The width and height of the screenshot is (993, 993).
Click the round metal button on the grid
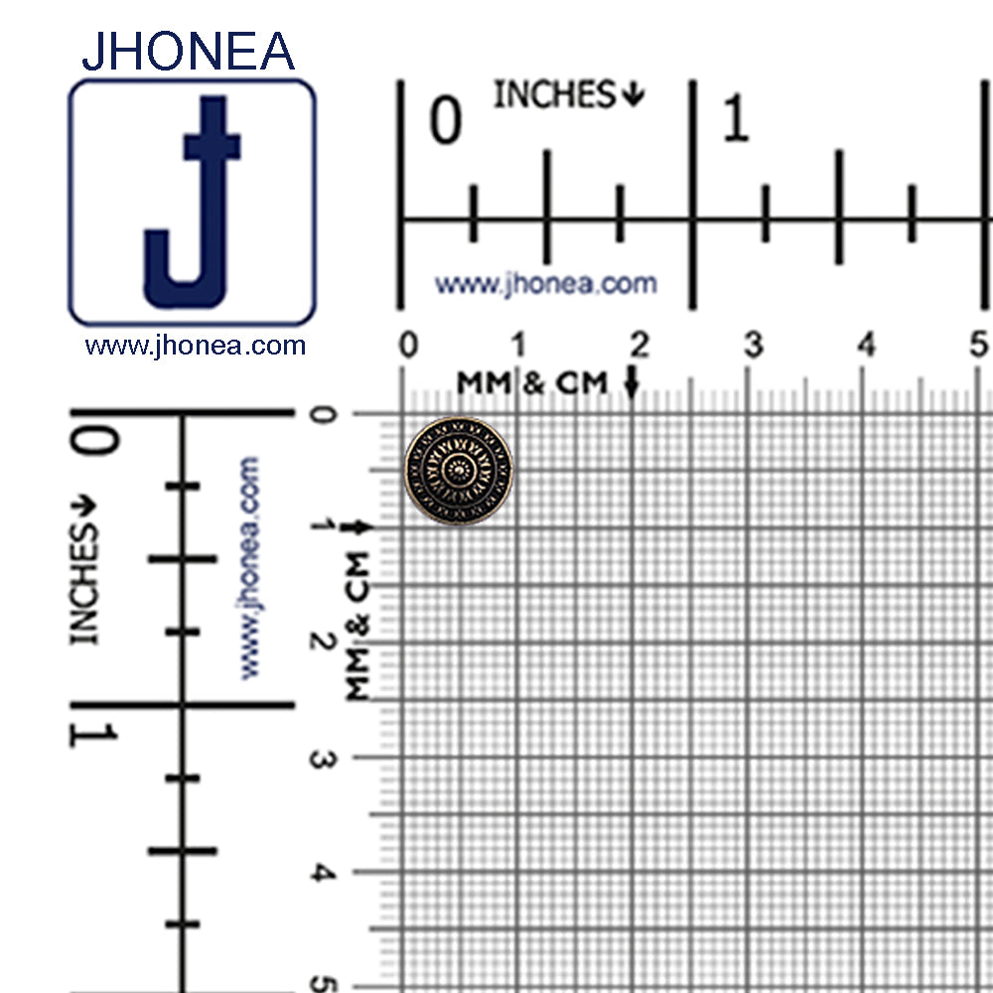459,471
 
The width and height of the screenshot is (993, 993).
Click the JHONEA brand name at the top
188,52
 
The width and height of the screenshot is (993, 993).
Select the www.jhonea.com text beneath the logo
195,346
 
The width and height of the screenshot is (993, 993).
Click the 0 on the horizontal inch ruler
446,122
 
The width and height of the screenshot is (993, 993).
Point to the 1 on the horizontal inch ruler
735,122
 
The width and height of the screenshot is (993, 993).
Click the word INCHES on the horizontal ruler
556,95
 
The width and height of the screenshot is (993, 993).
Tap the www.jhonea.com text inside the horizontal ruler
545,284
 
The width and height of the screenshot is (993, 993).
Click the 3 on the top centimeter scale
755,346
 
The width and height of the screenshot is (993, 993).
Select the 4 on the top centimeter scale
868,346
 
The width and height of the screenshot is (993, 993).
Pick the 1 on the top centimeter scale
518,346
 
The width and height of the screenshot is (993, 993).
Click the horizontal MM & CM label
531,382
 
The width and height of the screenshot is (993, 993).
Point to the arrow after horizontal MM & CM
633,383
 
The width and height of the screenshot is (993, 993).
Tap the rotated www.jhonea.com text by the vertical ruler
247,567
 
